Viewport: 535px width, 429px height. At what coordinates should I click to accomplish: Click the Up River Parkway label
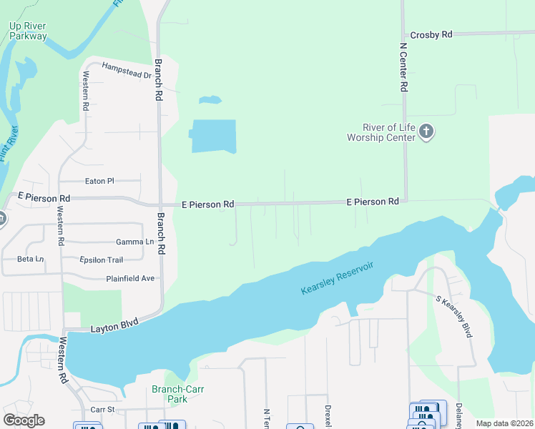coord(29,31)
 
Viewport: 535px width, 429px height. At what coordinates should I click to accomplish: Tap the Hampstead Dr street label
coord(127,70)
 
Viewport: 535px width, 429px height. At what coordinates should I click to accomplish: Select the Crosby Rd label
coord(431,34)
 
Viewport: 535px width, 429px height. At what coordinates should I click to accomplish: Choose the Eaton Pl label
coord(99,182)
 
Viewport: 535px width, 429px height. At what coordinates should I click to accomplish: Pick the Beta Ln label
coord(30,258)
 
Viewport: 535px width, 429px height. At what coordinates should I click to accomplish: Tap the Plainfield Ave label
coord(132,278)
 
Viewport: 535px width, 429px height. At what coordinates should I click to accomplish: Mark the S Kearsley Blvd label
coord(454,317)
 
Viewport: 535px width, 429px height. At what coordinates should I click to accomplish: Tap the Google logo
coord(24,420)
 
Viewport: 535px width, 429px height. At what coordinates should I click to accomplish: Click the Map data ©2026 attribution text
coord(504,423)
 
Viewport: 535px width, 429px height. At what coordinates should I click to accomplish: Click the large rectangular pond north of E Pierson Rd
coord(213,136)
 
